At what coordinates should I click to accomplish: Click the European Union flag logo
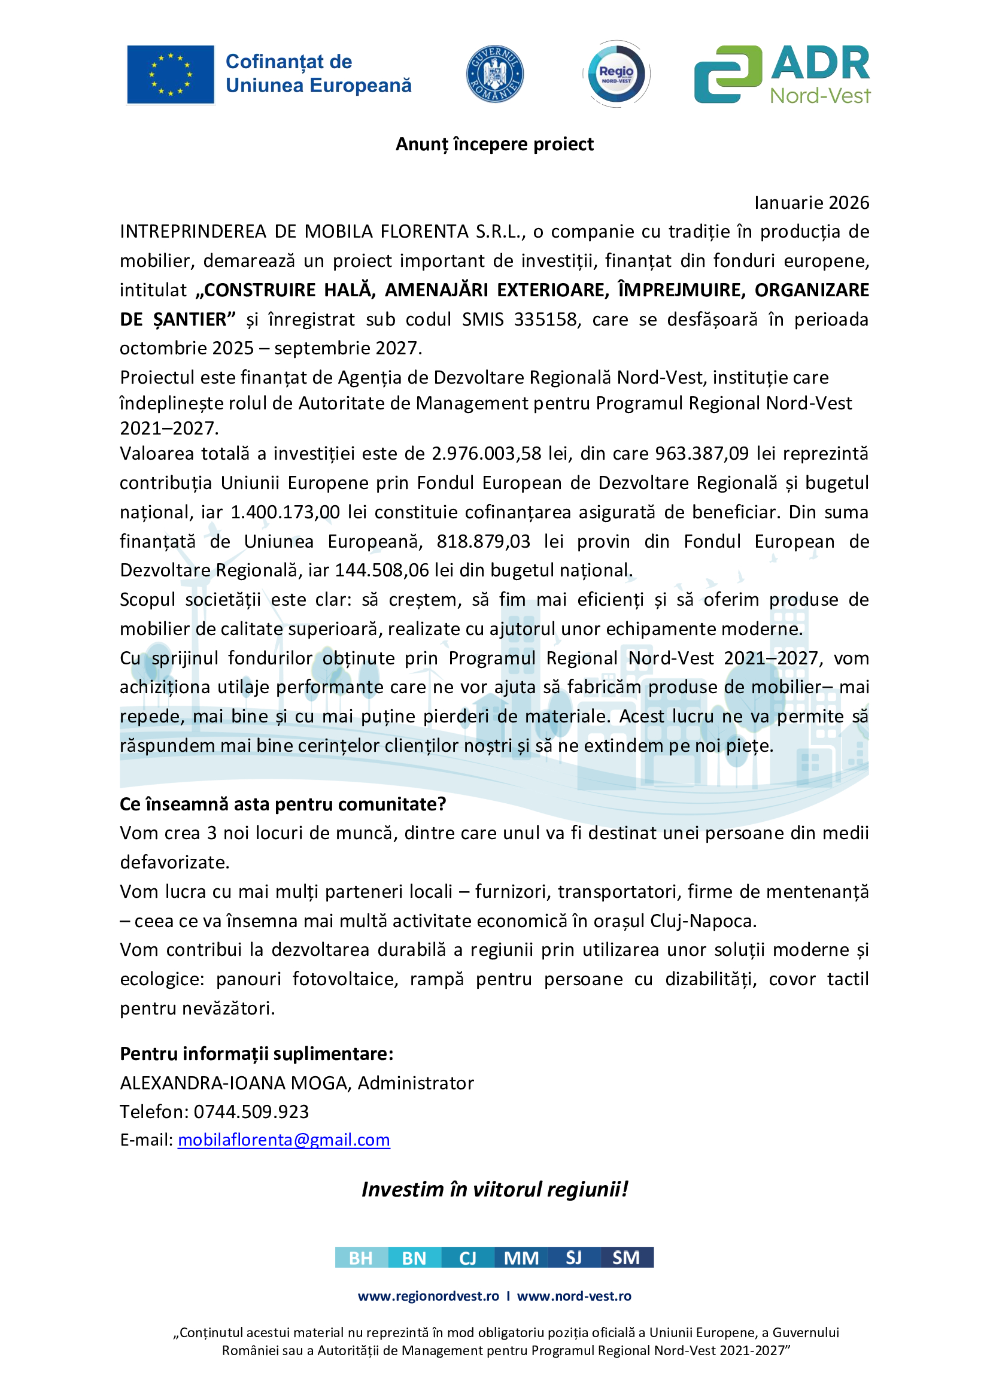pos(170,74)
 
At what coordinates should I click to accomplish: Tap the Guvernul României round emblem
pos(494,74)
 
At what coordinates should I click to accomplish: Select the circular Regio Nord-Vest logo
pos(616,74)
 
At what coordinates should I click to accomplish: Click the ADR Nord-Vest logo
pos(782,74)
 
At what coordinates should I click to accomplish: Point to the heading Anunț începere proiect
pos(494,144)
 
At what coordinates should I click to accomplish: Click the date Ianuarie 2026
pos(812,202)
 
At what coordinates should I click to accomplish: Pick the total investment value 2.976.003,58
pos(487,453)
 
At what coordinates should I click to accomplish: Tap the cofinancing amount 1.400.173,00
pos(285,512)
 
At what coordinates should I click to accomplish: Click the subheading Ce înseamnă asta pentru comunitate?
pos(283,804)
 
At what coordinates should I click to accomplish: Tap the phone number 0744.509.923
pos(251,1112)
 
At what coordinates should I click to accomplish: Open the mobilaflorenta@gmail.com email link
pos(284,1140)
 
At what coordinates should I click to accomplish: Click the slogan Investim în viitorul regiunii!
pos(494,1189)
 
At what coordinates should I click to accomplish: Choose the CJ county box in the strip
pos(467,1258)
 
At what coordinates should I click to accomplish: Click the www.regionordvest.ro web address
pos(429,1296)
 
